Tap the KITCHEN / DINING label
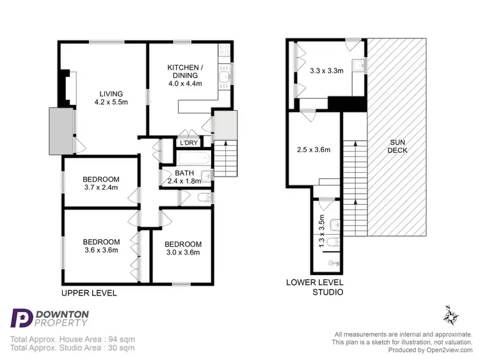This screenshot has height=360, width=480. (185, 75)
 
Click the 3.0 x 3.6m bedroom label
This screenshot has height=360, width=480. (182, 248)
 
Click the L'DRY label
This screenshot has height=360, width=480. (189, 142)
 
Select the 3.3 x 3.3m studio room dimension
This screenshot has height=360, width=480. (327, 72)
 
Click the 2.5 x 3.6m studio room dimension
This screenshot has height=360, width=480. (314, 150)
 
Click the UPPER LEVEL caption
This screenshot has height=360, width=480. (88, 293)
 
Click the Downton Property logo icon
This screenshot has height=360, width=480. (21, 319)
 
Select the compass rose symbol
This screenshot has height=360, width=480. (451, 315)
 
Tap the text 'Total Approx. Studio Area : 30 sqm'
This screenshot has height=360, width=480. (72, 348)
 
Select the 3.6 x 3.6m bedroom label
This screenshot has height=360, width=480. (101, 246)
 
